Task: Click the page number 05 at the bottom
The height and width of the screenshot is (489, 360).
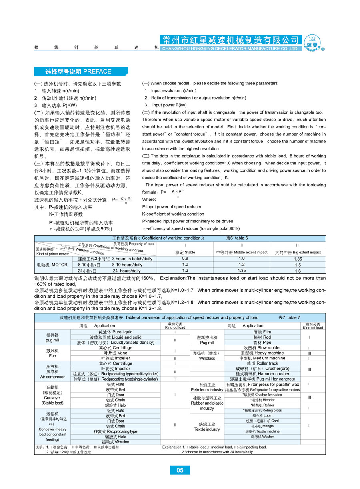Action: click(180, 470)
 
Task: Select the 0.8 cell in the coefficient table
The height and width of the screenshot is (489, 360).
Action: click(185, 259)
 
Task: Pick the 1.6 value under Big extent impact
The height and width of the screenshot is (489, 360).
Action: click(298, 271)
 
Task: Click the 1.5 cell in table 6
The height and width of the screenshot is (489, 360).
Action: click(298, 265)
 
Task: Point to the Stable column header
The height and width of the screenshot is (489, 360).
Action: click(185, 253)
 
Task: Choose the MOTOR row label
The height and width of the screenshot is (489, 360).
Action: click(52, 265)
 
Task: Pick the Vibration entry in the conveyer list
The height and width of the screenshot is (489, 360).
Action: click(116, 442)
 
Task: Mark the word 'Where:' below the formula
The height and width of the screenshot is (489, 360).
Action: click(149, 199)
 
